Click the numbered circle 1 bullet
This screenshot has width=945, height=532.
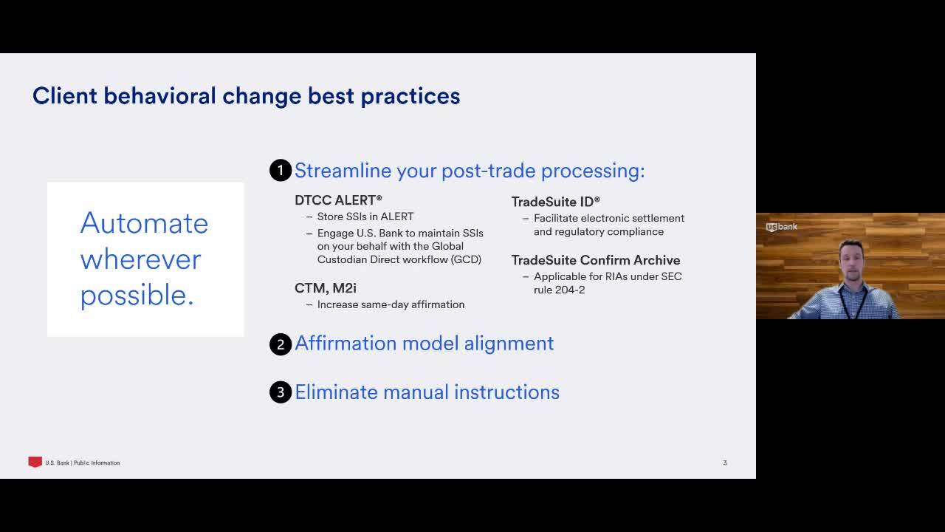pyautogui.click(x=281, y=171)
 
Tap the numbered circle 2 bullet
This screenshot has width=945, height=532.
pyautogui.click(x=281, y=344)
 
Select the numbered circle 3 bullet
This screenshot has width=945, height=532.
pyautogui.click(x=281, y=392)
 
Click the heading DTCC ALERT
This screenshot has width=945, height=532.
pyautogui.click(x=338, y=200)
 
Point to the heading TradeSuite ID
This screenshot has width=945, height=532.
pyautogui.click(x=556, y=202)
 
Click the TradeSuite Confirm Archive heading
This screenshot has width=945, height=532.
pyautogui.click(x=596, y=260)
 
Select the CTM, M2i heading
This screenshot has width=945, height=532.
pyautogui.click(x=326, y=288)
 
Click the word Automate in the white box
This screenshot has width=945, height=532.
pyautogui.click(x=144, y=223)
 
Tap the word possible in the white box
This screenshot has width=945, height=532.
pyautogui.click(x=137, y=296)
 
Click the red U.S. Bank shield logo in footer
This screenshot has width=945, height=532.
pyautogui.click(x=35, y=463)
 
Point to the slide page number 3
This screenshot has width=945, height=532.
pyautogui.click(x=725, y=463)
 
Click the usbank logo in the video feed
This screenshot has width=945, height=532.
pyautogui.click(x=781, y=227)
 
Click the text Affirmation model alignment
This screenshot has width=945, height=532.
pyautogui.click(x=424, y=344)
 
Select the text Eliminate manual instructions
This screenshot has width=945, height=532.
pyautogui.click(x=427, y=392)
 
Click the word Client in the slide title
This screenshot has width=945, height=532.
pyautogui.click(x=65, y=96)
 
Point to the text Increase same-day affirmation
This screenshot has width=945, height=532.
pyautogui.click(x=391, y=304)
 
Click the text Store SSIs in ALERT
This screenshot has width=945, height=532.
pyautogui.click(x=365, y=216)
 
